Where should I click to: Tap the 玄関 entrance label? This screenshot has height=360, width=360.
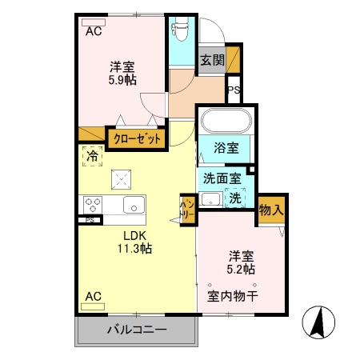click(212, 60)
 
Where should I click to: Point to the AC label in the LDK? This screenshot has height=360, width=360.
click(93, 296)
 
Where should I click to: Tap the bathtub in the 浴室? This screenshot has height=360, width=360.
click(226, 122)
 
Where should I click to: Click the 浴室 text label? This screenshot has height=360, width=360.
click(226, 148)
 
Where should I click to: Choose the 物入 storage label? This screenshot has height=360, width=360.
click(270, 210)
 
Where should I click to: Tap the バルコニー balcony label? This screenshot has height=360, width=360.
click(136, 329)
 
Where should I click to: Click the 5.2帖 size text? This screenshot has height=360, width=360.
click(241, 270)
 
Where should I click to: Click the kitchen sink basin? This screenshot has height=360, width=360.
click(131, 202)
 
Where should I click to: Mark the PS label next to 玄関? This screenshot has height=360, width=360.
click(234, 90)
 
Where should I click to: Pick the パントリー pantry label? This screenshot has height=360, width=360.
click(186, 210)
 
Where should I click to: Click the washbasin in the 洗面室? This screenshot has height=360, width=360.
click(211, 198)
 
